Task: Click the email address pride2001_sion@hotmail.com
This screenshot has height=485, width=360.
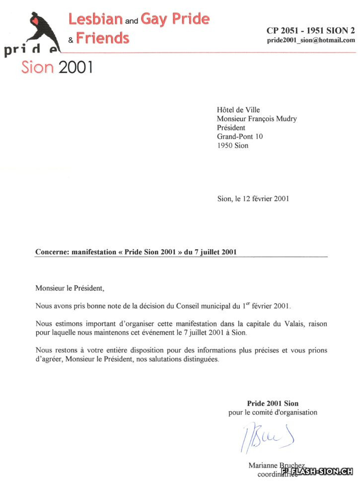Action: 311,40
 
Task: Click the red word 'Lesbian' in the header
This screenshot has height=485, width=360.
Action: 95,19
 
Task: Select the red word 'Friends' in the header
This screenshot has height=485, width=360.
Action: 103,38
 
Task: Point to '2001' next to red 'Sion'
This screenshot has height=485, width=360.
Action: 75,67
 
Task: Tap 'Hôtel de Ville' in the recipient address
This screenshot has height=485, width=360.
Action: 238,110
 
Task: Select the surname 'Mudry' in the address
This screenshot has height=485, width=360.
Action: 287,119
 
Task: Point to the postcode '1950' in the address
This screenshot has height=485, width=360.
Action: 225,145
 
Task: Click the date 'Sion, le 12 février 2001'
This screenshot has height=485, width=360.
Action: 253,199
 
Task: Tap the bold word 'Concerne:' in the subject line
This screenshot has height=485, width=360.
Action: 52,252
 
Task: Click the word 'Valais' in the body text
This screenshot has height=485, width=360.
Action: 288,324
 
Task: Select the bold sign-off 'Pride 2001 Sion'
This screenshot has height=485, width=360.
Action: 273,403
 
